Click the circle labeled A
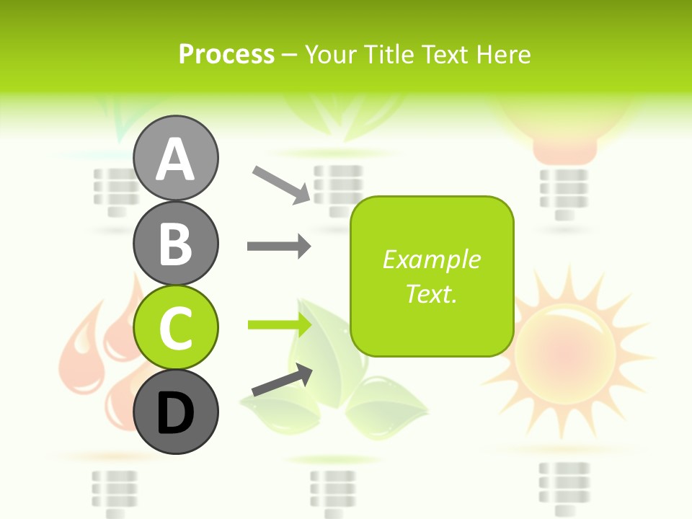tap(175, 158)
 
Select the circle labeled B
tap(175, 243)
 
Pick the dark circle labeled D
tap(175, 412)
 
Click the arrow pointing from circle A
tap(281, 184)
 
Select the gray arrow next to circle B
tap(279, 247)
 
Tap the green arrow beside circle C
tap(279, 325)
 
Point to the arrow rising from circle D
tap(282, 381)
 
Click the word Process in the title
tap(226, 54)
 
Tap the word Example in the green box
tap(431, 259)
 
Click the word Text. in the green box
tap(431, 293)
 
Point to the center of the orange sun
tap(566, 346)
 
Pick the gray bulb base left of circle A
tap(115, 191)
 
